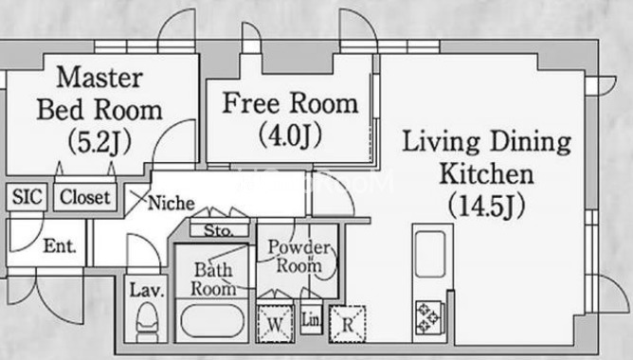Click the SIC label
tap(27, 197)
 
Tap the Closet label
tap(84, 197)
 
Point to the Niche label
tap(172, 203)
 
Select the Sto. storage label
tap(218, 230)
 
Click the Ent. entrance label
tap(60, 245)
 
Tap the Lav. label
tap(147, 290)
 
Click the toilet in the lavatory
tap(146, 322)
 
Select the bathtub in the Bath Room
tap(212, 320)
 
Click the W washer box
tap(275, 324)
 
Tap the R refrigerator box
tap(348, 324)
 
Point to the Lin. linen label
tap(312, 320)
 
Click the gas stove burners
tap(427, 317)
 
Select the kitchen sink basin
tap(430, 254)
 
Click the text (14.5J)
tap(487, 206)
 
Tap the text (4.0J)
tap(290, 135)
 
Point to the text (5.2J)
tap(99, 142)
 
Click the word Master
tap(99, 77)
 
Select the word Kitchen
tap(486, 174)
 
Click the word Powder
tap(299, 247)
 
